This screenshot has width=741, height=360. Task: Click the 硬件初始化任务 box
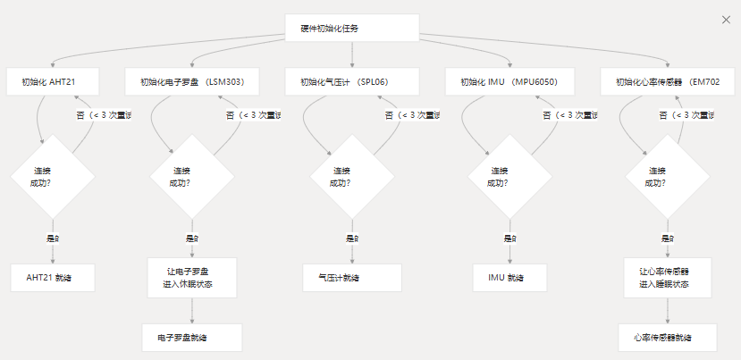352,28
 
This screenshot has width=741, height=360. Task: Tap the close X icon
725,19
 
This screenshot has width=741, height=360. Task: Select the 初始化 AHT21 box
53,82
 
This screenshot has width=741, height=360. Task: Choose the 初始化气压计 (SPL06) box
352,82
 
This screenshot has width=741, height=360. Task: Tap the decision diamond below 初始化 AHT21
53,176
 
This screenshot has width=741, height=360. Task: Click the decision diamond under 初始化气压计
352,176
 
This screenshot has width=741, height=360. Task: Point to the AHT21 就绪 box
53,278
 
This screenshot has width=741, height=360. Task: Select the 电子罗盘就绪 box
192,338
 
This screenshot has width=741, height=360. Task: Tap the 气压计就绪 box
352,278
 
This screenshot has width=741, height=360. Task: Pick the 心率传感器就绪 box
668,338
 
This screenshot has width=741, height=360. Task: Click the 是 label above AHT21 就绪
53,239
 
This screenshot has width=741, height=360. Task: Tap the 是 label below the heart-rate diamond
667,239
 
